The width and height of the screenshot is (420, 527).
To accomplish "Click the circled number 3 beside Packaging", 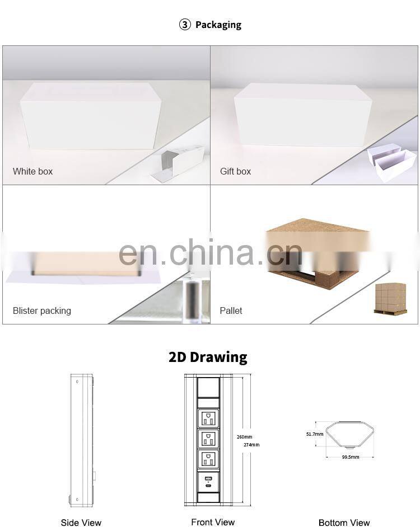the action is pos(185,25).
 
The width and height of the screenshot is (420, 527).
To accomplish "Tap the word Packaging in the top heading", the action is pos(218,25).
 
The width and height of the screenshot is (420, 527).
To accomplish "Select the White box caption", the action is pos(32,171).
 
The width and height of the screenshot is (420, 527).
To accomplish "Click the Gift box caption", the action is pos(236,171).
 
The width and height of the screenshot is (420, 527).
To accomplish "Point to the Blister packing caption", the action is pos(42,311).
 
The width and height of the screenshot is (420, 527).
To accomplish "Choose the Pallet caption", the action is pos(231,311).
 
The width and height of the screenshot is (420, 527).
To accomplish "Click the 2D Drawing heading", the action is pos(208,357).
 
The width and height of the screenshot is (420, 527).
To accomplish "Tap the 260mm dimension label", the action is pos(244,437).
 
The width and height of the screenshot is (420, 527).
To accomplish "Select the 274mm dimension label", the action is pos(251,445).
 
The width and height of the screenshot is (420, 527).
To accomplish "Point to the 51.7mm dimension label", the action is pos(315,434).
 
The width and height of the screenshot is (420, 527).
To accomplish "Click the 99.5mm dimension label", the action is pos(351,457).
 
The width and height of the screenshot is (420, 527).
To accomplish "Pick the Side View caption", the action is pos(81,523).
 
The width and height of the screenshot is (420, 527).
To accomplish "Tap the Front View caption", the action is pos(213,522).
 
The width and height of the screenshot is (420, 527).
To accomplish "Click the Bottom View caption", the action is pos(344,523).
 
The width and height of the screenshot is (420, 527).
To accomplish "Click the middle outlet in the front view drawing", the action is pos(208,439).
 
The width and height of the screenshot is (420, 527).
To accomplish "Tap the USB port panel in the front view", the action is pos(208,482).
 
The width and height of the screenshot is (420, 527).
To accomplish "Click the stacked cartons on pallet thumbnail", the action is pos(391,298).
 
